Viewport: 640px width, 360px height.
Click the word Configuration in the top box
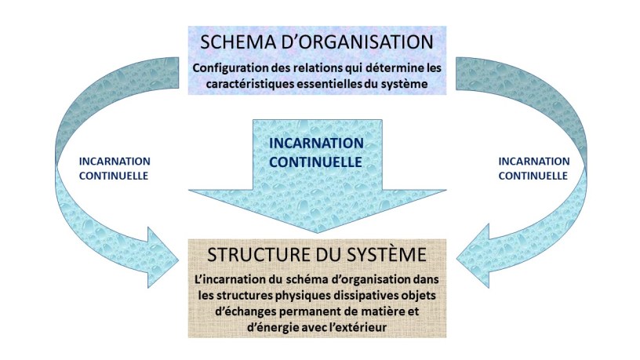click(231, 68)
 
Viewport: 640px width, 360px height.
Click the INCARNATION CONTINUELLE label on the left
click(115, 169)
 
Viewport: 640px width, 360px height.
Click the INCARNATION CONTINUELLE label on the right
click(533, 169)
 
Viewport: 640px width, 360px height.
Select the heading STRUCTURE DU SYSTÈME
click(317, 255)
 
